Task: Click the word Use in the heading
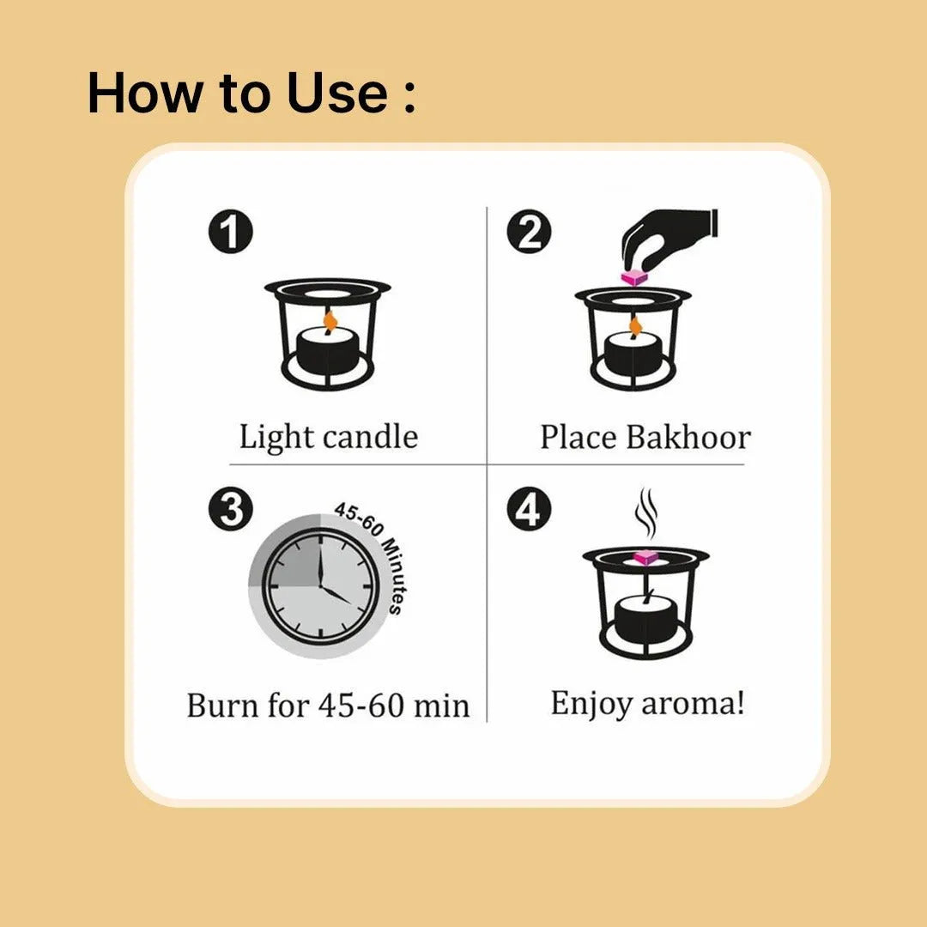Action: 337,93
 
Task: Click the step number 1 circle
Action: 231,231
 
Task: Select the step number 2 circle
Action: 529,231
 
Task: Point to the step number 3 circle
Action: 231,509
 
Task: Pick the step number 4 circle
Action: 529,509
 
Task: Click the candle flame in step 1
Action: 330,322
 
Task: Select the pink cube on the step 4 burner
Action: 645,557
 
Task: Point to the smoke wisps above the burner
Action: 646,512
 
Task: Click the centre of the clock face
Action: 320,586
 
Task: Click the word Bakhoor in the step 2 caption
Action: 688,438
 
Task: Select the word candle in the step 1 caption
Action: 371,437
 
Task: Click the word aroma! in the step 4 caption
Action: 693,704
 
